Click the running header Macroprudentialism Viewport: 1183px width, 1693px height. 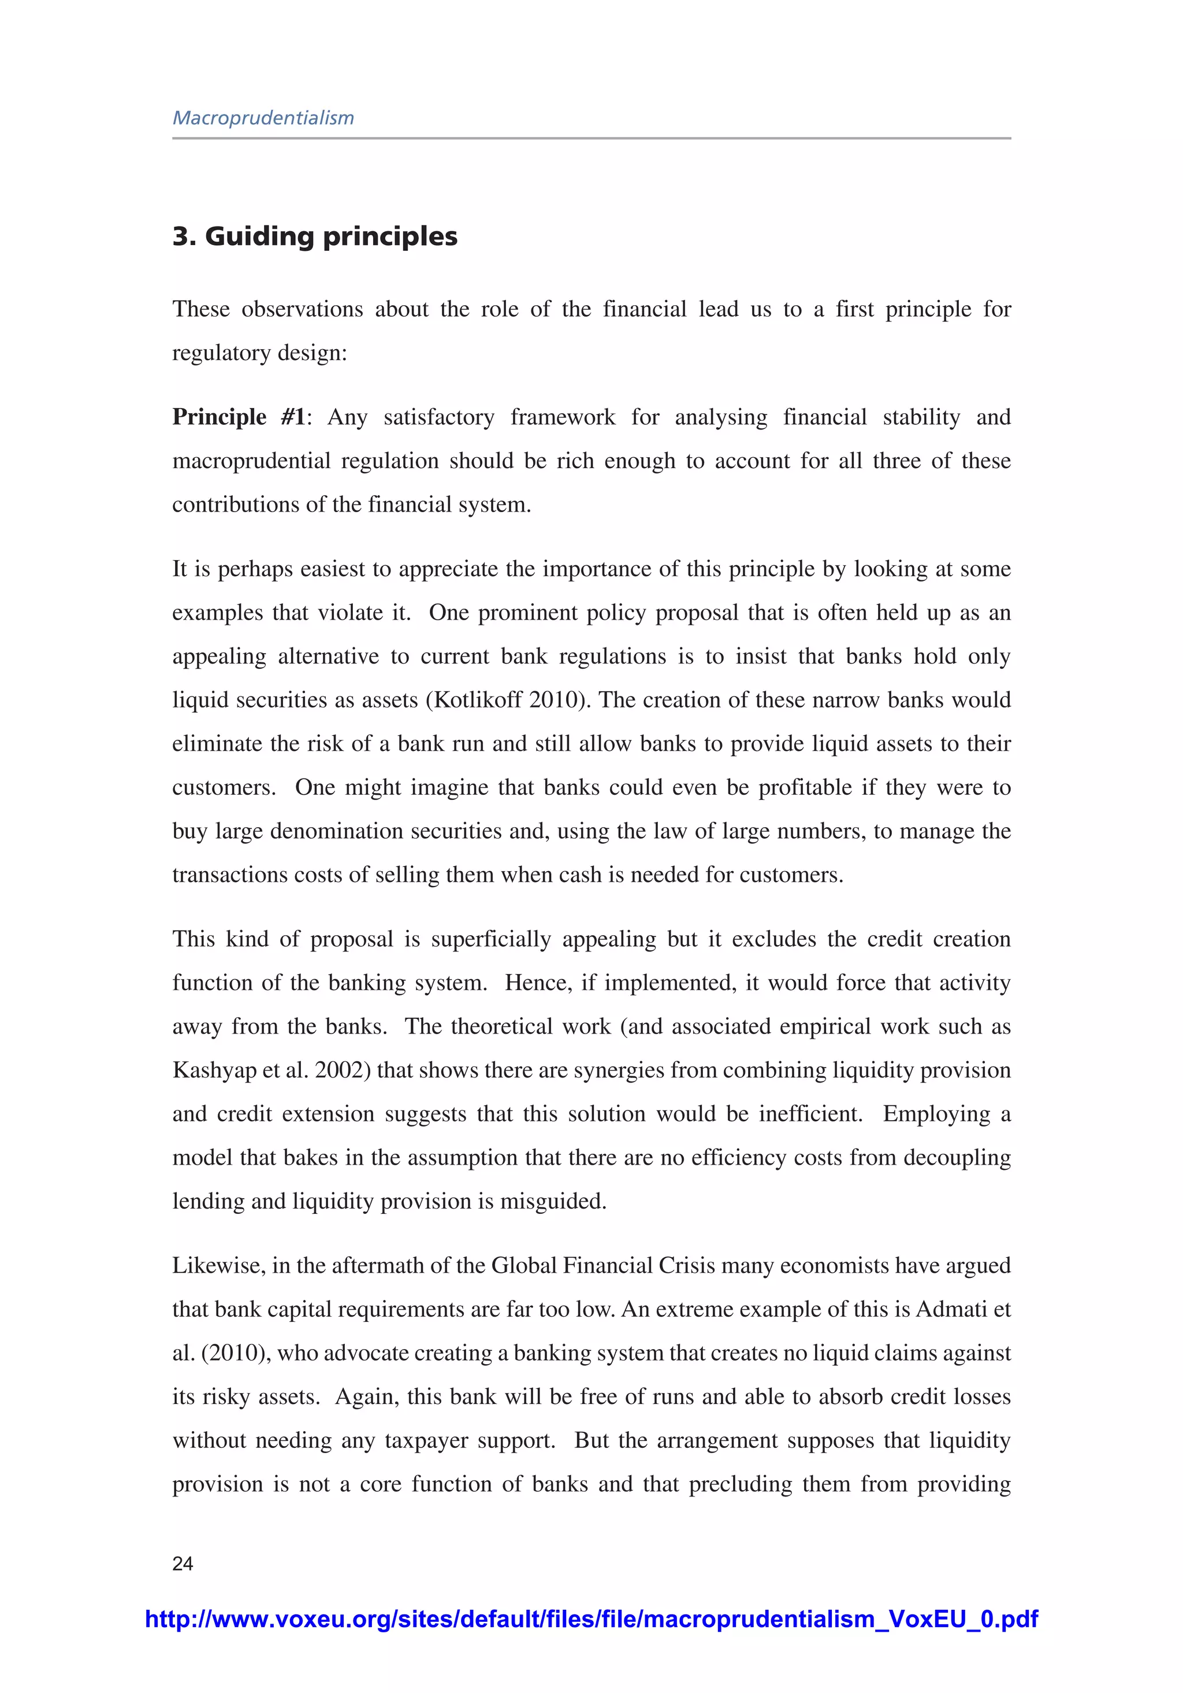(x=263, y=118)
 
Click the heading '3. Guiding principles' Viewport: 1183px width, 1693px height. (x=315, y=236)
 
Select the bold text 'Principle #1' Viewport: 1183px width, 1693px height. (x=239, y=417)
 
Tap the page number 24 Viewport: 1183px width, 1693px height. (x=183, y=1563)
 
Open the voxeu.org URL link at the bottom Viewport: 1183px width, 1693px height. (x=591, y=1618)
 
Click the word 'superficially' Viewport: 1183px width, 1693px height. (x=491, y=939)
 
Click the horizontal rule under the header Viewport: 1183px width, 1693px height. (x=591, y=138)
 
